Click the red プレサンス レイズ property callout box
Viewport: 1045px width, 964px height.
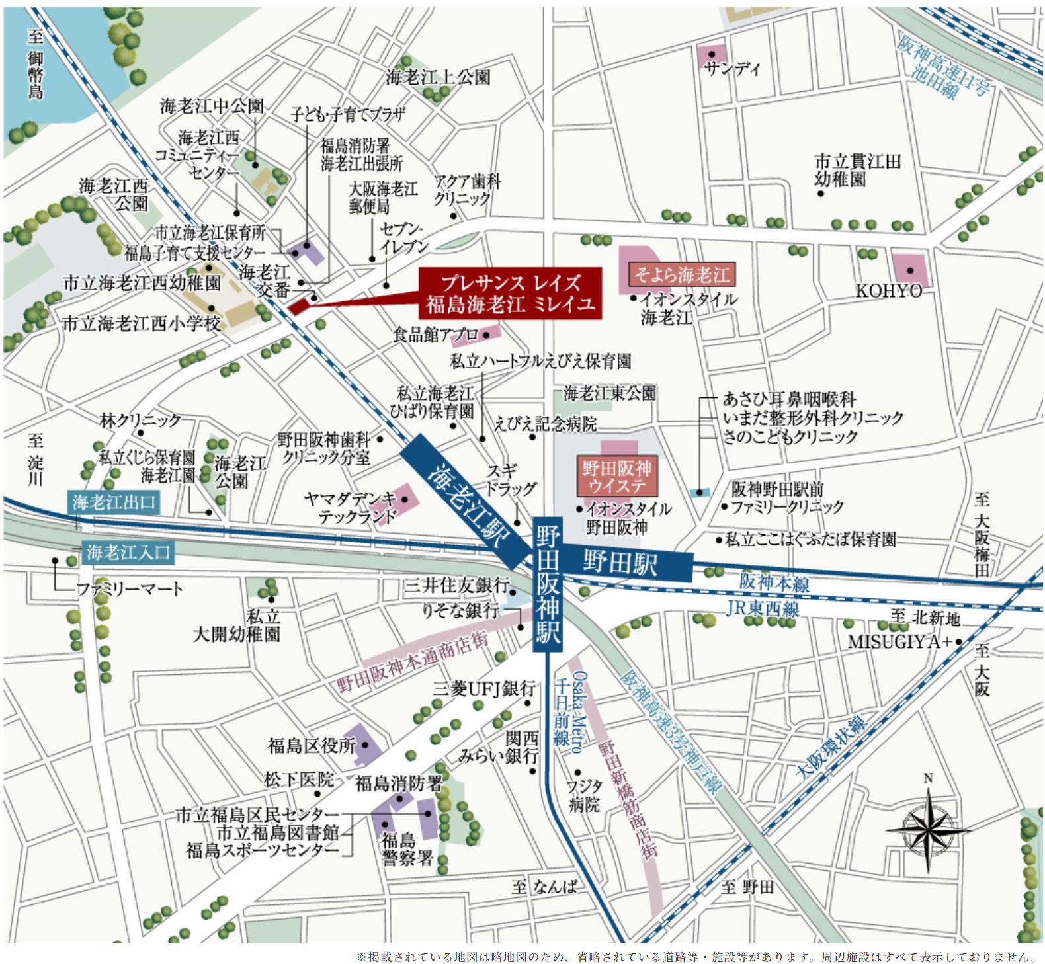tap(510, 293)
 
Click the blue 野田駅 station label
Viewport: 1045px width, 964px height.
tap(622, 563)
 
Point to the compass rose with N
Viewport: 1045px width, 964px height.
tap(928, 829)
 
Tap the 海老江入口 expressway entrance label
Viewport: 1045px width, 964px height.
tap(128, 552)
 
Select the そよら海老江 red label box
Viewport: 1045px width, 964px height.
tap(681, 274)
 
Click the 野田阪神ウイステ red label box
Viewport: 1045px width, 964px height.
tap(617, 477)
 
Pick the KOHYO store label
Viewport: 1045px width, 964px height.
tap(888, 291)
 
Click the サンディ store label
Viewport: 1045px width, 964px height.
tap(732, 69)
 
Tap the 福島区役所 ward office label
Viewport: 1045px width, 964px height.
tap(312, 746)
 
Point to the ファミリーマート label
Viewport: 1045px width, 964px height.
tap(130, 588)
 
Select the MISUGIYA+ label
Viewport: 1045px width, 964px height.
tap(900, 641)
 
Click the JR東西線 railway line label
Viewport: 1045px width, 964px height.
tap(763, 608)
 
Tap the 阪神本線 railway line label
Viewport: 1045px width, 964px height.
tap(774, 582)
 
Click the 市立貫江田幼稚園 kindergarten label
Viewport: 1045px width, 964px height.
tap(857, 170)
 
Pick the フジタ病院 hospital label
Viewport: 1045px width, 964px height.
tap(585, 795)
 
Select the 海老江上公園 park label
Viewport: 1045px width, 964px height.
tap(438, 77)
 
